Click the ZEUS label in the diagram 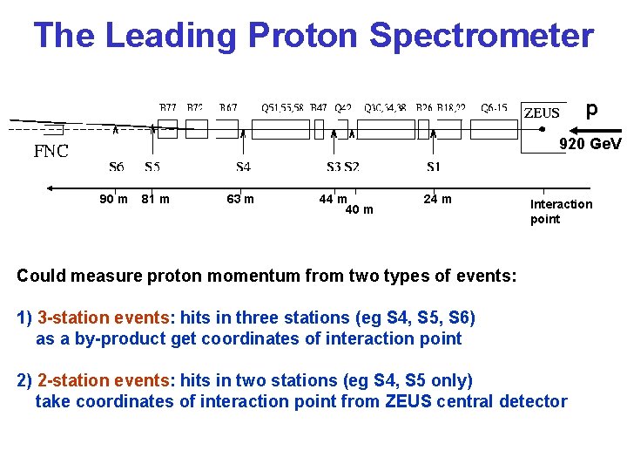[542, 113]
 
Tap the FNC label [51, 151]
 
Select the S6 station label [117, 167]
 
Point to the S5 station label [152, 167]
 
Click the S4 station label [244, 167]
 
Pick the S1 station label [433, 167]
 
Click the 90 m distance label [113, 200]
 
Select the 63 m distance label [239, 200]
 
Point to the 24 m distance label [437, 200]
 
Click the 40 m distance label [359, 209]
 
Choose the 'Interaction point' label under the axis [560, 211]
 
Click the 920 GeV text [590, 144]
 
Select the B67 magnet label [228, 108]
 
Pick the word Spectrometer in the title [482, 36]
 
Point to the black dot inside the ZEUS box [542, 127]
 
